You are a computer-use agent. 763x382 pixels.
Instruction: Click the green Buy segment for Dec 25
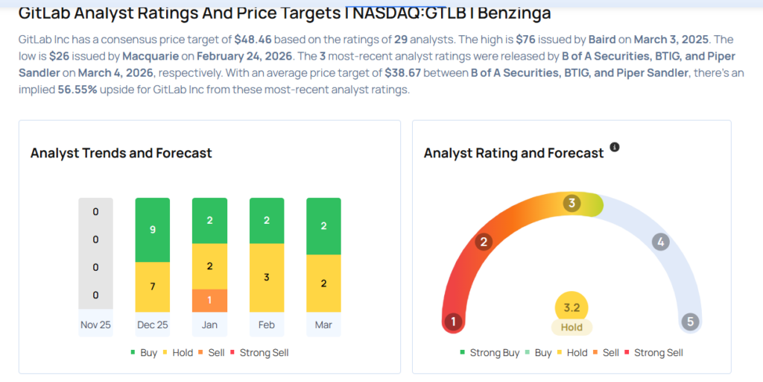point(152,230)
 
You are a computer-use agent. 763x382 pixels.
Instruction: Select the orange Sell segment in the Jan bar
point(209,300)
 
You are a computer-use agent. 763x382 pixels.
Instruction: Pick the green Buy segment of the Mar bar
point(323,226)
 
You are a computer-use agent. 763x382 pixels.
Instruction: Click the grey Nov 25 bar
point(95,254)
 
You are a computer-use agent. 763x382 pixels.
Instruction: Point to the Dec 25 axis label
point(152,325)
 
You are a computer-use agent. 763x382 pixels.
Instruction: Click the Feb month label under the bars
point(267,325)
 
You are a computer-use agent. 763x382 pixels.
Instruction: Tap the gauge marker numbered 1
point(452,322)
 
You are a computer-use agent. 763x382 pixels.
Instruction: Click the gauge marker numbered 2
point(484,242)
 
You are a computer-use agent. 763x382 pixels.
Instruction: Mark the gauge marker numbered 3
point(572,203)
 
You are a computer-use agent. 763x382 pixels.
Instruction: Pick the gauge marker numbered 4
point(660,242)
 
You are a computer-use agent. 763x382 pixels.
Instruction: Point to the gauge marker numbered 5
point(691,322)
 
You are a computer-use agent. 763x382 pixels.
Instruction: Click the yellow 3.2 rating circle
point(572,307)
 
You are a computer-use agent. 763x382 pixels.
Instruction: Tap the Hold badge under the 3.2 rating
point(572,327)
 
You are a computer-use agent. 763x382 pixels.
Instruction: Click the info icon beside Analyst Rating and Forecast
point(615,147)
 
